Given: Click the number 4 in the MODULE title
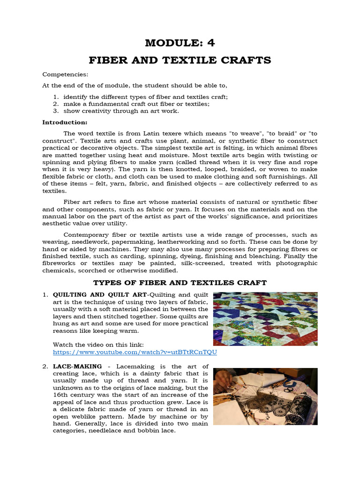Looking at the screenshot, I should (211, 43).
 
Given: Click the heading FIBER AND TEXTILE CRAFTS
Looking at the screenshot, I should (180, 60).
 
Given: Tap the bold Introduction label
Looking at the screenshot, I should (65, 122).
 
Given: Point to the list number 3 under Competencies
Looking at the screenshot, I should (55, 111).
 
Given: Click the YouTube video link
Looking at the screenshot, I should (135, 352).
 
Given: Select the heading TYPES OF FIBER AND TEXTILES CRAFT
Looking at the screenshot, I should (180, 282).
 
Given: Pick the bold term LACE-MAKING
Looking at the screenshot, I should (77, 367).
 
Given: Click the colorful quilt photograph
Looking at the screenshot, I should (265, 319).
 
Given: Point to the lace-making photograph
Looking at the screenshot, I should (265, 396).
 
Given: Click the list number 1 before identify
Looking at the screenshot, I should (55, 97).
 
